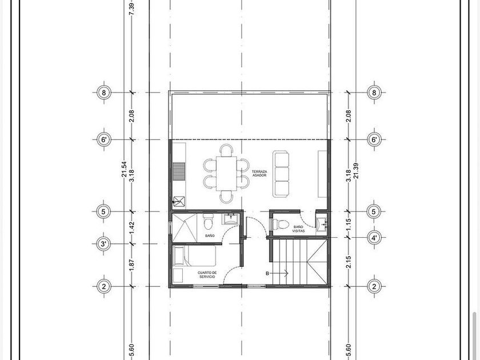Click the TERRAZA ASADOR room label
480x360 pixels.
click(259, 173)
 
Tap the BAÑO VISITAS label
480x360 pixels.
click(298, 229)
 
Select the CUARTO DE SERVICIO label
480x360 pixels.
click(207, 275)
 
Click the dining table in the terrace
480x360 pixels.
click(226, 173)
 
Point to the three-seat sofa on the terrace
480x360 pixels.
click(281, 173)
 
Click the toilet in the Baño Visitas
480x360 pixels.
click(281, 225)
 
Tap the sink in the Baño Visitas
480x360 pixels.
click(321, 225)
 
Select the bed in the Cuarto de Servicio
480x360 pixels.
click(194, 255)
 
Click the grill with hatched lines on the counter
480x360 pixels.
click(179, 172)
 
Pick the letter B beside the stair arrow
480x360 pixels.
click(267, 273)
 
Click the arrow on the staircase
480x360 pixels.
click(280, 273)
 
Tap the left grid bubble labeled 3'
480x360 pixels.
click(104, 244)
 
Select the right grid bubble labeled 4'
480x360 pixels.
click(374, 237)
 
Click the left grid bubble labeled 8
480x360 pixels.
click(104, 92)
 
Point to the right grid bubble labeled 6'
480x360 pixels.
click(374, 139)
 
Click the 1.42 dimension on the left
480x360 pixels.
click(132, 227)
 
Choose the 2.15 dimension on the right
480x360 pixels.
click(349, 262)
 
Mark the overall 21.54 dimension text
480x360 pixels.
click(124, 169)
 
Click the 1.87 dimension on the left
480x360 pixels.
click(132, 265)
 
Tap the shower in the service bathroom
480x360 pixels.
click(184, 228)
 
